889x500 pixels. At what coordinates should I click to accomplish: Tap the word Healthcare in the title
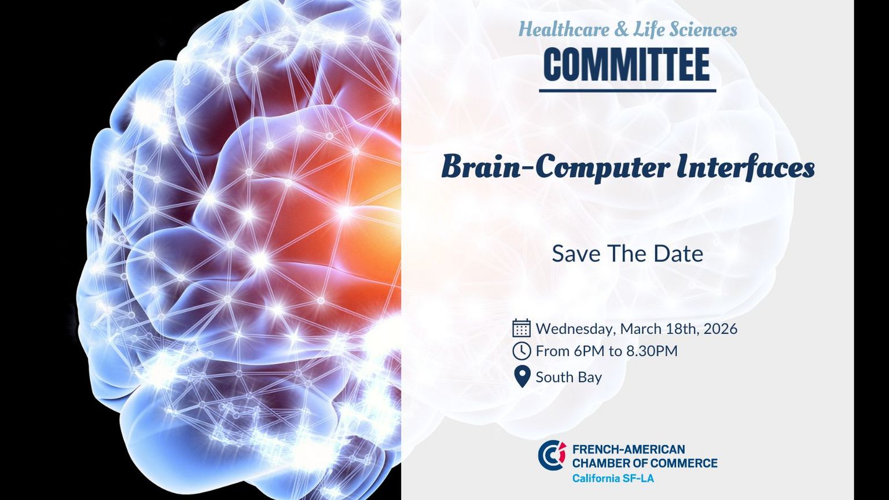point(564,30)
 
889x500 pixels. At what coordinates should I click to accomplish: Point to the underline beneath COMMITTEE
point(627,91)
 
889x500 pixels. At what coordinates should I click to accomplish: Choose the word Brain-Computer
point(556,168)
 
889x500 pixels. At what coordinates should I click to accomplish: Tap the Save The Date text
point(627,253)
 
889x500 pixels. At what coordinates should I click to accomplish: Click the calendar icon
point(521,328)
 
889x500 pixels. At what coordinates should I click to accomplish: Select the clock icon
point(521,351)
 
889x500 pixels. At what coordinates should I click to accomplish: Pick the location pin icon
point(522,376)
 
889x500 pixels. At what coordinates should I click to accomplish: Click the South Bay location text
point(569,377)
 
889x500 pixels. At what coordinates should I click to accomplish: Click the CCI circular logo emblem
point(552,455)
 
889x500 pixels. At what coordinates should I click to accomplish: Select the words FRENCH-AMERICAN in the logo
point(629,449)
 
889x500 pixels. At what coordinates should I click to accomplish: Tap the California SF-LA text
point(613,478)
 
